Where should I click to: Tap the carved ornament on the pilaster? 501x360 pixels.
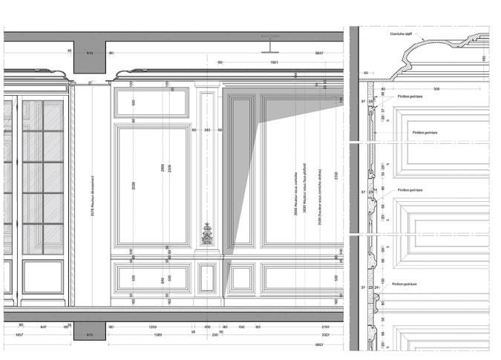point(207,234)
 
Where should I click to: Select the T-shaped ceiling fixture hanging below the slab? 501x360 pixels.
point(271,45)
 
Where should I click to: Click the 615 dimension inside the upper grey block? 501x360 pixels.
point(90,53)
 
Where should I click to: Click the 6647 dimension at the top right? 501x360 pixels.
point(320,53)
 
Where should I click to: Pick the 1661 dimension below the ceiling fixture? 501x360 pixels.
point(273,63)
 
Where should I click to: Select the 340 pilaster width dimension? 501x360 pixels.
point(207,131)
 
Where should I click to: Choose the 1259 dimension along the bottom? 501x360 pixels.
point(153,327)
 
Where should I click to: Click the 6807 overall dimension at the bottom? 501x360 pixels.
point(320,345)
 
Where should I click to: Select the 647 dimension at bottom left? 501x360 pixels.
point(43,327)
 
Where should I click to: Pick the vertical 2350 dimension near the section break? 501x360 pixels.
point(336,175)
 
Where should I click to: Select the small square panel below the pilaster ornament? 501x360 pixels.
point(207,279)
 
